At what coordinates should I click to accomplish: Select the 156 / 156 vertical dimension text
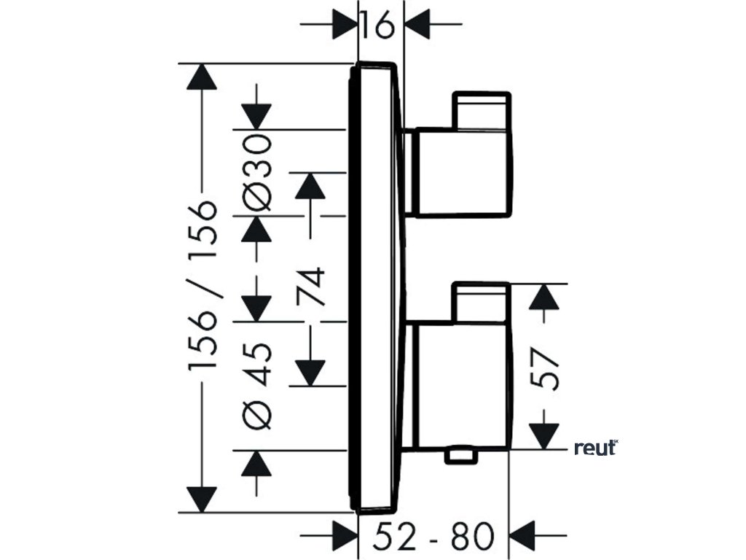pyautogui.click(x=203, y=287)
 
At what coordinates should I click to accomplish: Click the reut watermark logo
pyautogui.click(x=595, y=448)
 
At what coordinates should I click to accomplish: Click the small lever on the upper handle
pyautogui.click(x=481, y=109)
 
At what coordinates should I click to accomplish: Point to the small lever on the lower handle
pyautogui.click(x=481, y=300)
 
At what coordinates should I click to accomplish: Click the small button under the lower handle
pyautogui.click(x=462, y=456)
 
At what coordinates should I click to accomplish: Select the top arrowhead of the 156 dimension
pyautogui.click(x=202, y=77)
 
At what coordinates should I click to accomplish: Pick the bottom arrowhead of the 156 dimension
pyautogui.click(x=202, y=499)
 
